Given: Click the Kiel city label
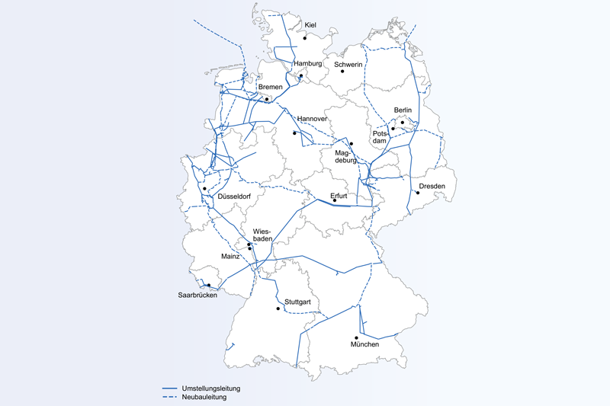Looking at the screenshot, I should coord(310,26).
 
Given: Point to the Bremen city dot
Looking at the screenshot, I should coord(267,99).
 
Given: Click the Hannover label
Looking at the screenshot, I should coord(313,120).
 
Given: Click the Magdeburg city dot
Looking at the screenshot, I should coord(352,144).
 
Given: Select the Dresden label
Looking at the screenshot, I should coord(432,187).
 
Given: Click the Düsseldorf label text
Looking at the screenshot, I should coord(234,196).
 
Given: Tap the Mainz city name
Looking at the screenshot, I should coord(230,257).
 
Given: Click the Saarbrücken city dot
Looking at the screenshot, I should coord(208,286).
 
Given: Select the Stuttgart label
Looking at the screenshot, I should coord(297,302).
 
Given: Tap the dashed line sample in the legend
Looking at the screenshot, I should coord(175,397).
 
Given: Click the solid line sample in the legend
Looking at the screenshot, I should coord(175,388).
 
